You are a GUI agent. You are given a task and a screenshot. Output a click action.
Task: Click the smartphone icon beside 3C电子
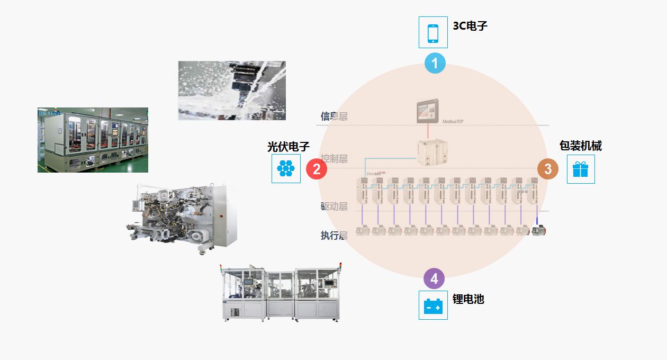tap(433, 32)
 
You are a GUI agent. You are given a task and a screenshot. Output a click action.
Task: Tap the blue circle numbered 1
tap(435, 64)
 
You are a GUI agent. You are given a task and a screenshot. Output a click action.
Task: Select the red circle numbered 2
tap(317, 169)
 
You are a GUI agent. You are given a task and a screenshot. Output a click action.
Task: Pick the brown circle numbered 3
tap(548, 169)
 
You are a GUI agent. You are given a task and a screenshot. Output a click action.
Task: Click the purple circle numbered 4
tap(434, 278)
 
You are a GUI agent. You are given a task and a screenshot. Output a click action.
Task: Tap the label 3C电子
tap(470, 25)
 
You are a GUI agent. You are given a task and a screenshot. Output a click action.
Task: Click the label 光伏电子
tap(288, 147)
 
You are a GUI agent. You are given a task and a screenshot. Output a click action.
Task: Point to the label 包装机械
tap(581, 146)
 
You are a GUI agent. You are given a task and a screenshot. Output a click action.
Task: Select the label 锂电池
tap(468, 299)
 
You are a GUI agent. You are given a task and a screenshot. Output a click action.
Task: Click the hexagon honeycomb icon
tap(286, 168)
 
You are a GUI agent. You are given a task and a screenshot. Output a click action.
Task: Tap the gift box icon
tap(581, 169)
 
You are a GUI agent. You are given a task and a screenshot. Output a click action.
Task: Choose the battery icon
tap(433, 305)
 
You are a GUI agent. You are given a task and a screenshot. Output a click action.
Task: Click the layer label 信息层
tap(334, 116)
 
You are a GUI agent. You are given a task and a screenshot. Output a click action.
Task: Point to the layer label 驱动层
tap(334, 206)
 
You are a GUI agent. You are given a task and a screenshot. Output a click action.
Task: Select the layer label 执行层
tap(334, 236)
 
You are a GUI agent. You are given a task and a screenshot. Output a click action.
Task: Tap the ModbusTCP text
tap(453, 122)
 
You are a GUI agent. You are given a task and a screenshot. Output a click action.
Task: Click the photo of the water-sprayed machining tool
tap(232, 91)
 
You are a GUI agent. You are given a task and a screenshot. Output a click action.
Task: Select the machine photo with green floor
tap(93, 140)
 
